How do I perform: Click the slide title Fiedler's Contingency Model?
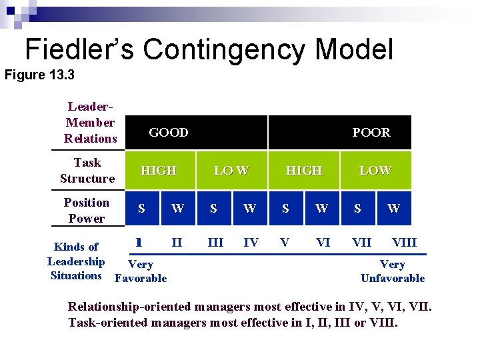(209, 49)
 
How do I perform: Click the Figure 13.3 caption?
(39, 75)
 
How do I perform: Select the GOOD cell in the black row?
(168, 133)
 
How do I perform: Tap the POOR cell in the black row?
(371, 133)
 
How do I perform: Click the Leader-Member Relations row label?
(90, 123)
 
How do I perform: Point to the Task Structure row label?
(87, 171)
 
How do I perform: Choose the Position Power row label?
(86, 211)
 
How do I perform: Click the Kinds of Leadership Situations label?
(76, 261)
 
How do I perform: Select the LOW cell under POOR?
(375, 171)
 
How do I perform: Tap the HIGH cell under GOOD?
(159, 171)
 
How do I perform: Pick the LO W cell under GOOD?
(231, 171)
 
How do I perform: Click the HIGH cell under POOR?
(303, 171)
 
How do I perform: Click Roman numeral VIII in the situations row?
(404, 243)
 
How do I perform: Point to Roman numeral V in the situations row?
(285, 243)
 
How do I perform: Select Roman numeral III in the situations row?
(215, 243)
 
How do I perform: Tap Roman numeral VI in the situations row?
(323, 243)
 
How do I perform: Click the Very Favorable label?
(141, 271)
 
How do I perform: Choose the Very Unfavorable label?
(392, 271)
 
